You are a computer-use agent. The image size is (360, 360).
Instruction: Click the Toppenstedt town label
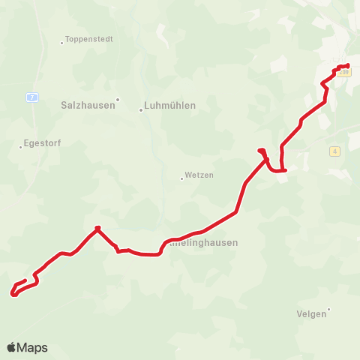tap(89, 39)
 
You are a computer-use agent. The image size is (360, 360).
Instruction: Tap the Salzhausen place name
tap(87, 106)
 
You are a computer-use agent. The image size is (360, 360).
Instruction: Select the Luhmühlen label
tap(171, 106)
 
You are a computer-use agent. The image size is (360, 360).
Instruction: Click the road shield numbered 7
tap(31, 97)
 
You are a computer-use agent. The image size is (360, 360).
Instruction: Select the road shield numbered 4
tap(334, 151)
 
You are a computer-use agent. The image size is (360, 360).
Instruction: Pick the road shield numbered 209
tap(344, 72)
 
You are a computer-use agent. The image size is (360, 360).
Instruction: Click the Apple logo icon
tap(11, 347)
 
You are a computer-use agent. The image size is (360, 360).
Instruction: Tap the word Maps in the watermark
tap(32, 347)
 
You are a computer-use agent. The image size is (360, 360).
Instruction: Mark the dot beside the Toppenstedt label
tap(62, 43)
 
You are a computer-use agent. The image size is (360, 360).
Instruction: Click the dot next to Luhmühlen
tap(141, 110)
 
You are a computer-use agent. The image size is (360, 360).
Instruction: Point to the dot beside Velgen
tap(329, 309)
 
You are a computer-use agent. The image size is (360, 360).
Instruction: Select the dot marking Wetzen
tap(181, 178)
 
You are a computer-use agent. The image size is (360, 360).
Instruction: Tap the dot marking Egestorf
tap(20, 147)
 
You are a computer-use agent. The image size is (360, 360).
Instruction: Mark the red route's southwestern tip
tap(13, 294)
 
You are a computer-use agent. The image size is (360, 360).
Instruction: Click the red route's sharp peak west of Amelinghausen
tap(97, 227)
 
